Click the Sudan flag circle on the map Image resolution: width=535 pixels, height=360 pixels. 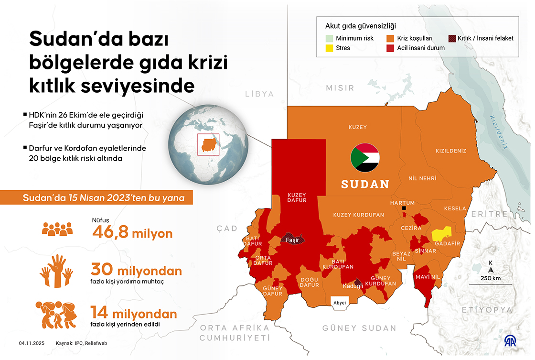tap(365, 157)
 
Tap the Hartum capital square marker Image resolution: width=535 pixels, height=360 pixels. tap(404, 208)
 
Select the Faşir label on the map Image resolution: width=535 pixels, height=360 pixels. tap(292, 240)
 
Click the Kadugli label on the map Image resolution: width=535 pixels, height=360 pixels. tap(353, 286)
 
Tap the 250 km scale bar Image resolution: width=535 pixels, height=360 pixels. tap(491, 284)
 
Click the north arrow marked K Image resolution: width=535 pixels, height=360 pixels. tap(491, 267)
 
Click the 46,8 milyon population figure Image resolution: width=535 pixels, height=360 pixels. tap(132, 233)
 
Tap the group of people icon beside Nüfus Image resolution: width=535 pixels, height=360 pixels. tap(57, 229)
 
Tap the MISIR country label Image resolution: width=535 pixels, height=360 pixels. tap(340, 88)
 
